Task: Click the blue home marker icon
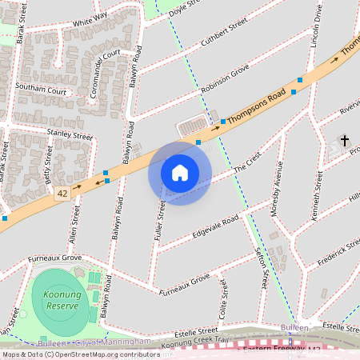click(180, 172)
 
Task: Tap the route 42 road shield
click(62, 194)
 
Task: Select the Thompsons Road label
click(256, 108)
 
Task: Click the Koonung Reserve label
click(55, 301)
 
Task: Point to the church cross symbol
click(345, 141)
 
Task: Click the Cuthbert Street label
click(226, 38)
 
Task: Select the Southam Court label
click(41, 91)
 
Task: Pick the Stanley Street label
click(70, 134)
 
